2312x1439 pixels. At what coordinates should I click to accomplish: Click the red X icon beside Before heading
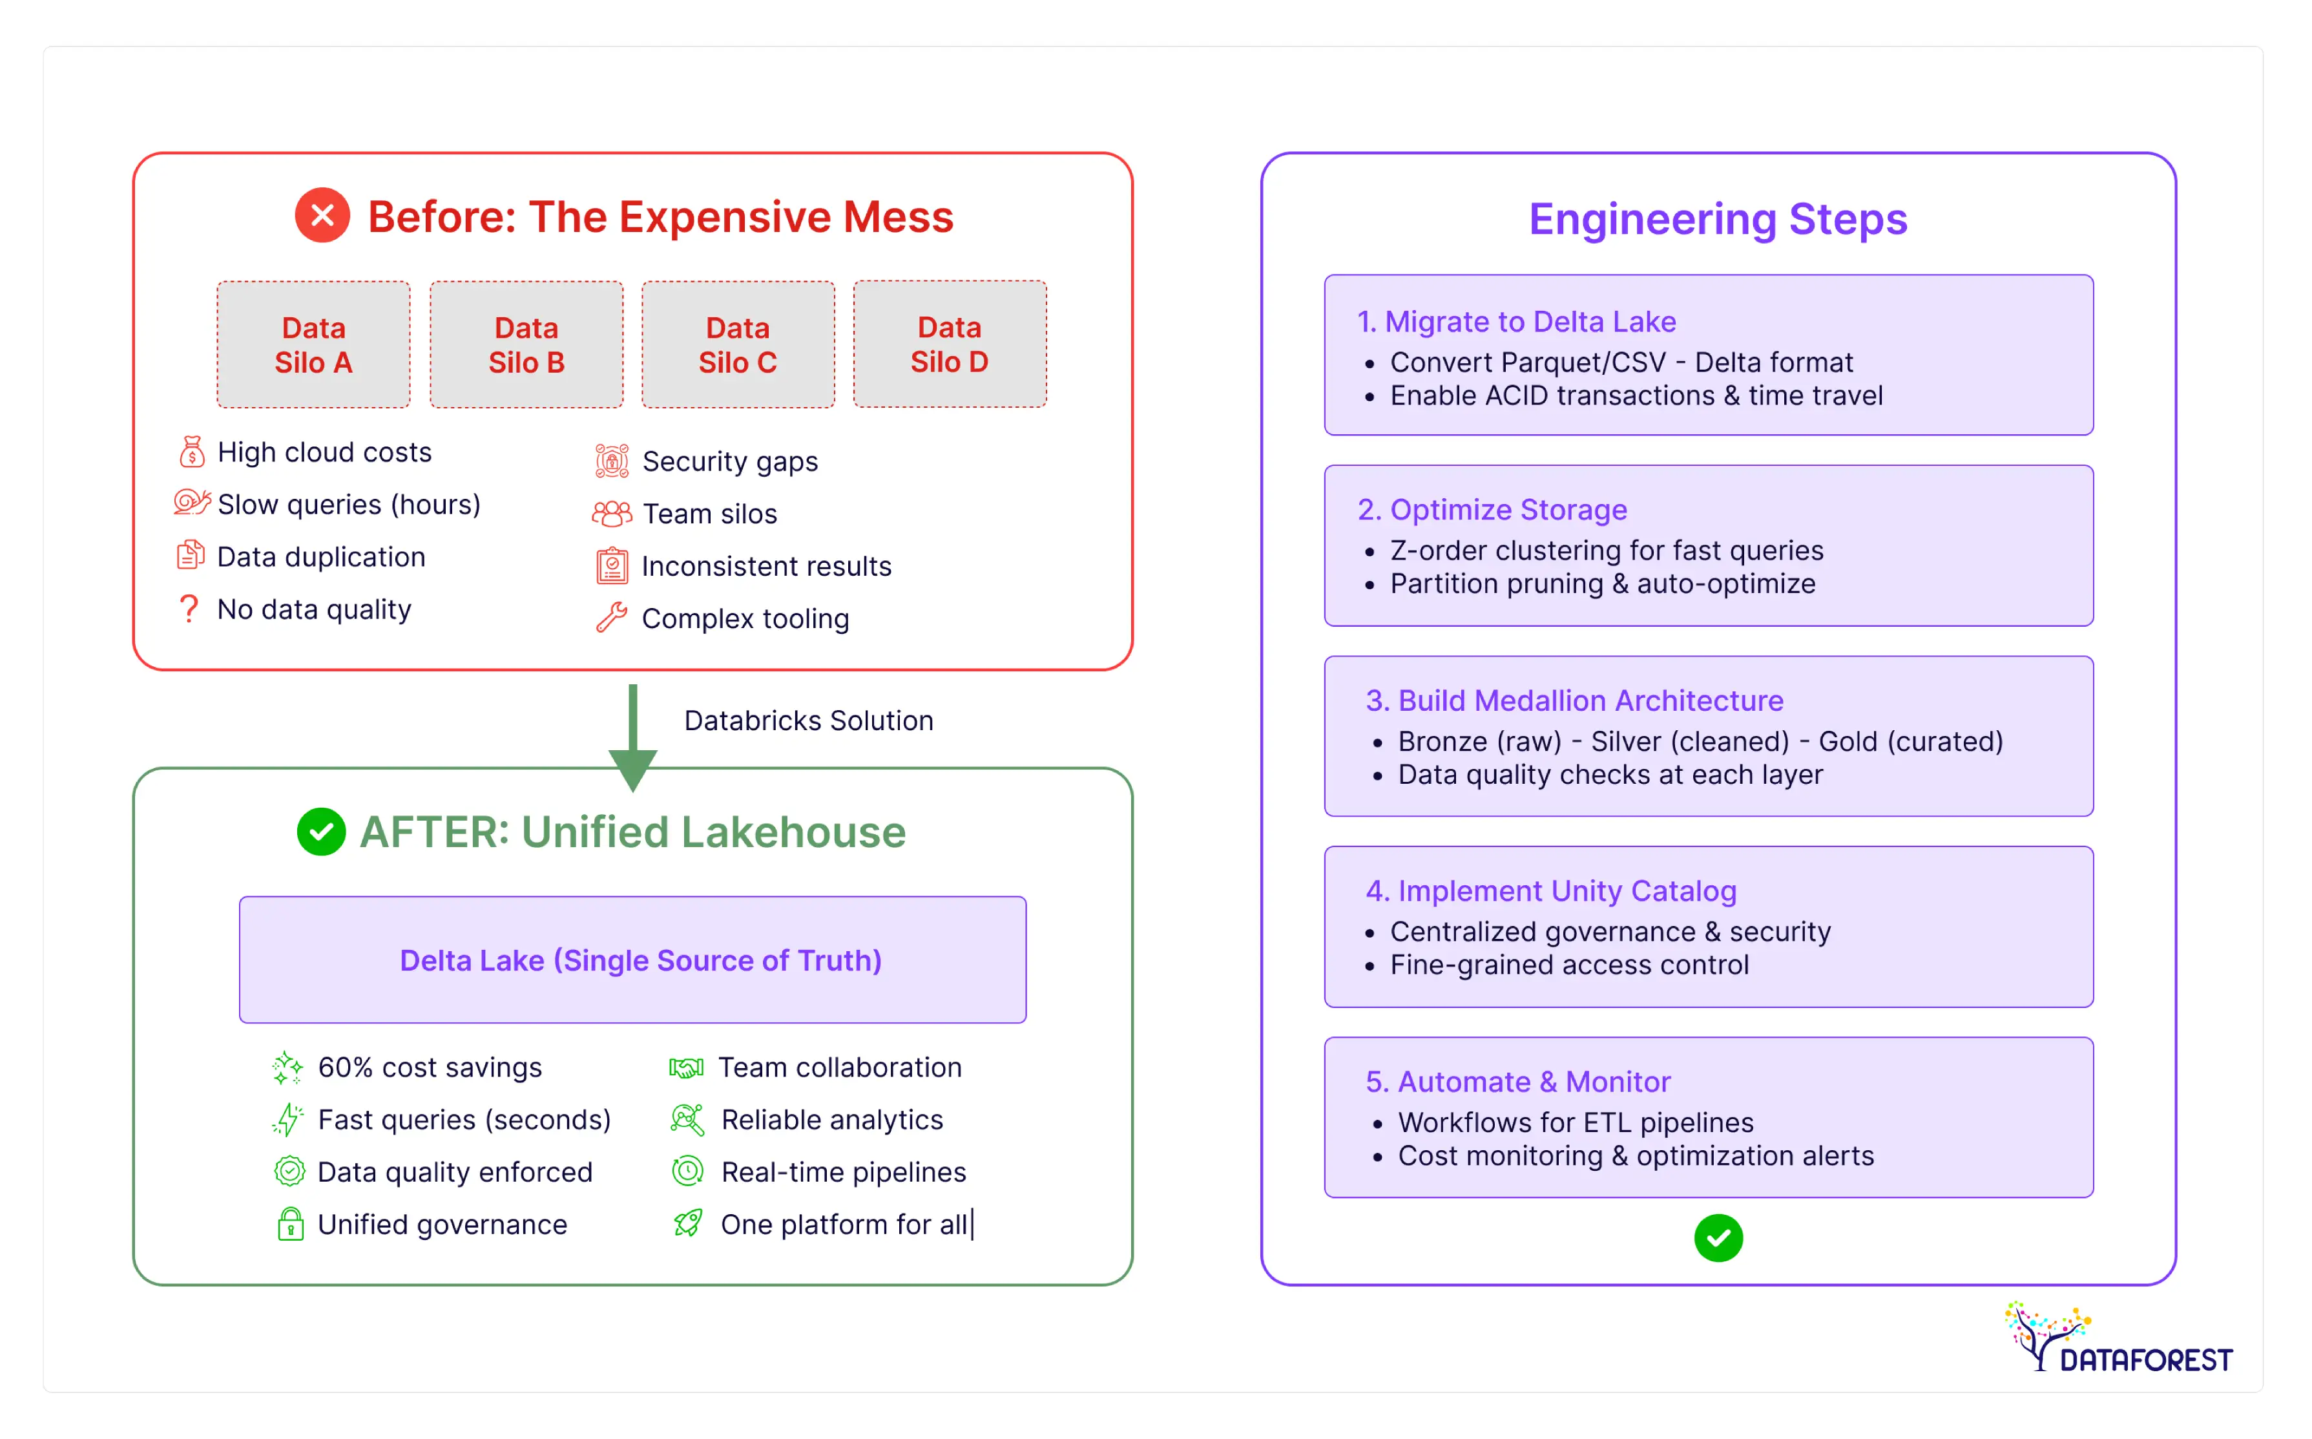coord(322,215)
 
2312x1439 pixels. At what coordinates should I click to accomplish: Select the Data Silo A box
coord(313,344)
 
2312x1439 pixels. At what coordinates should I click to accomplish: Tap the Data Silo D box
coord(950,344)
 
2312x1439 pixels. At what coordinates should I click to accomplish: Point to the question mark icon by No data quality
coord(189,608)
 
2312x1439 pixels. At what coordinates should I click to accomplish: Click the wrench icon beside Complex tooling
coord(611,618)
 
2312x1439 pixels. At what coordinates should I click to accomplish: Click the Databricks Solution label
coord(807,720)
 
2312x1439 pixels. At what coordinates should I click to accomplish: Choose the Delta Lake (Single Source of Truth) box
coord(632,960)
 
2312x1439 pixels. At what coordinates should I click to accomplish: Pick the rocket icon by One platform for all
coord(688,1223)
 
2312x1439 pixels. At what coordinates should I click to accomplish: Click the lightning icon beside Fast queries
coord(287,1119)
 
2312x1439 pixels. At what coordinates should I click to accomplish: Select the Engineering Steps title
coord(1717,219)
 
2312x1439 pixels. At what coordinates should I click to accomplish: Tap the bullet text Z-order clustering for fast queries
coord(1606,550)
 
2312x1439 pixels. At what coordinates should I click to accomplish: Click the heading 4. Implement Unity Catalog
coord(1551,891)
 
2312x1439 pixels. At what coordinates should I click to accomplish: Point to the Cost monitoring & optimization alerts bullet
coord(1634,1155)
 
